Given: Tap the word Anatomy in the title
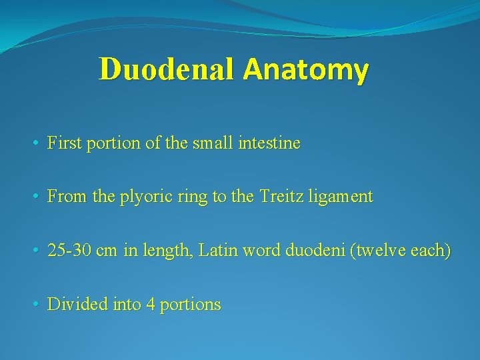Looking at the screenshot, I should tap(305, 70).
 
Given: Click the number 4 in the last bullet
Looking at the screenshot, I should tap(151, 305).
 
